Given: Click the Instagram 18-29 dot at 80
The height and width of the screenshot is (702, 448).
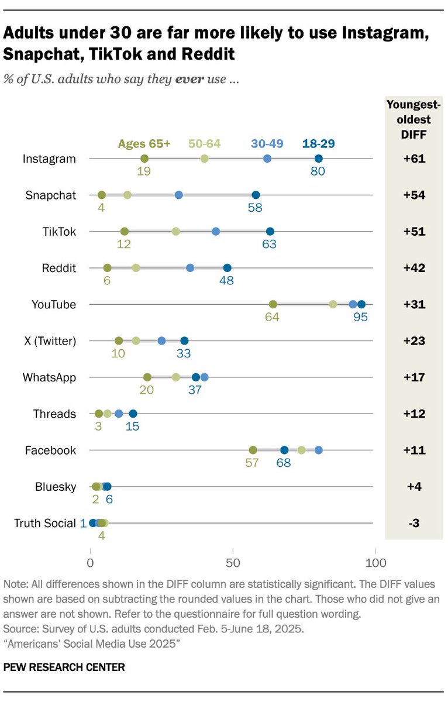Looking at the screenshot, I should click(x=318, y=159).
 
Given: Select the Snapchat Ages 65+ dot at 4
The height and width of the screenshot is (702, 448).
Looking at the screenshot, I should click(x=102, y=195).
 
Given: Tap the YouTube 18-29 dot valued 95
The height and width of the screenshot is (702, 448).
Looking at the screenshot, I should click(x=361, y=304).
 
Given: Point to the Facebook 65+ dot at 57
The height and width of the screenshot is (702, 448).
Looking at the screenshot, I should click(x=253, y=450).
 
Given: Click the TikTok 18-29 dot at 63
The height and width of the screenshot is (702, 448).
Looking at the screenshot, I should click(x=270, y=232).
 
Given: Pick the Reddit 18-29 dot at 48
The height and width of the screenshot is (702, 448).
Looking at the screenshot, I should click(x=228, y=268).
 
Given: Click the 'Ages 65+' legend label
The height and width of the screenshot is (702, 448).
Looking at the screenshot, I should click(x=144, y=143).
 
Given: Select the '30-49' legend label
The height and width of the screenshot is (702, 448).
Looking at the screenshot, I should click(x=267, y=143).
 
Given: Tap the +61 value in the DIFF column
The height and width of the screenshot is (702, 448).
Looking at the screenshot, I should click(x=413, y=159).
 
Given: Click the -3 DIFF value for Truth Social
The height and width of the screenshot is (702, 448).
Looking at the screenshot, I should click(x=413, y=523).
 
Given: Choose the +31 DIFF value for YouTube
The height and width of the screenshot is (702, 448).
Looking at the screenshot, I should click(x=413, y=305).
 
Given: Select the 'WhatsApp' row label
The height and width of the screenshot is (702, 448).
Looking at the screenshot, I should click(x=50, y=377).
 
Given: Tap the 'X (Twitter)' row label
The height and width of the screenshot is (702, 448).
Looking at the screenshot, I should click(x=50, y=341).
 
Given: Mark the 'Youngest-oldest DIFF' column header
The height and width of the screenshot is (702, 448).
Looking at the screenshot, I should click(x=413, y=119).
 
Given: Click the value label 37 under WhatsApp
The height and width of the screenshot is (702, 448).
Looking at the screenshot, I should click(x=195, y=390).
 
